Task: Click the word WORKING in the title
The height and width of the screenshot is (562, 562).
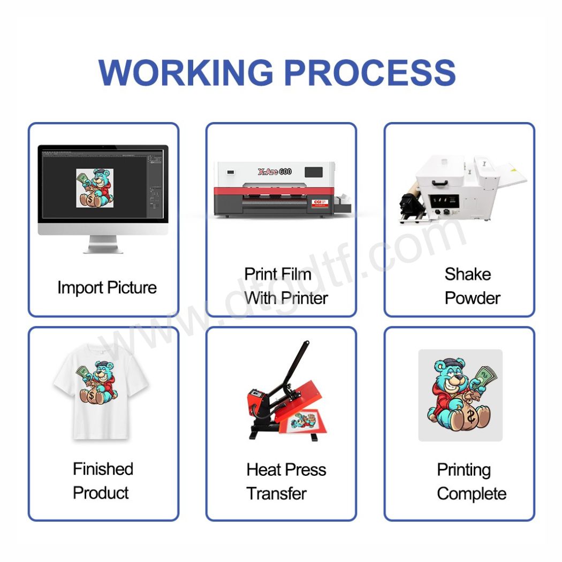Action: pos(186,72)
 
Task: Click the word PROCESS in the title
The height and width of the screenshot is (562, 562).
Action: pos(370,72)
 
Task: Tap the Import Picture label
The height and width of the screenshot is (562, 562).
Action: pos(107,288)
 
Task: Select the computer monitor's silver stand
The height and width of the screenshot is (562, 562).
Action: pos(103,244)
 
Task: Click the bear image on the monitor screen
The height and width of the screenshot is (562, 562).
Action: pos(95,188)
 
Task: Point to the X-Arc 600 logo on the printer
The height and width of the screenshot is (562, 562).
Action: pos(275,172)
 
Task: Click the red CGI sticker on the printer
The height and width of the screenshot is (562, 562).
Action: pos(320,203)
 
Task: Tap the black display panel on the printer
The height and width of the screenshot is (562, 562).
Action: pos(314,172)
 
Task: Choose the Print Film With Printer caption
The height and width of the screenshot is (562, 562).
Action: pos(286,286)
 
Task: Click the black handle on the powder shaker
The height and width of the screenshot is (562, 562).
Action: pos(440,183)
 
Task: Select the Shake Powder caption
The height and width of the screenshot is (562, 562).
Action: pos(473,286)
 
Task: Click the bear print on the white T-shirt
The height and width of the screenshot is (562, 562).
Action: pos(96,383)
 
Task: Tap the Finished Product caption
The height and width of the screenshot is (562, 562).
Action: pos(103,481)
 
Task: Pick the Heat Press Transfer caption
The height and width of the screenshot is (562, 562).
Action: pos(286,482)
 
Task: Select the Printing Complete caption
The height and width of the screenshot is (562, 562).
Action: pos(472,482)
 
